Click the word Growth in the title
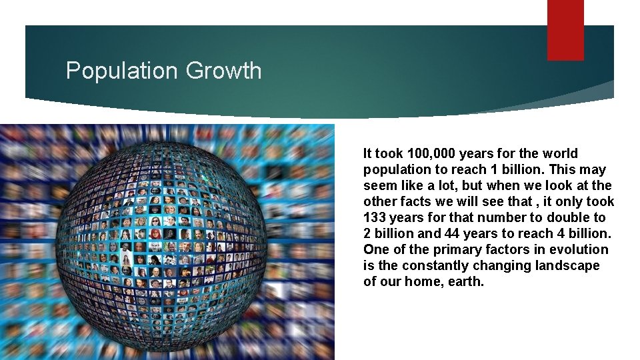[224, 70]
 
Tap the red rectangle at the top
[565, 29]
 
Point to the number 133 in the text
[375, 217]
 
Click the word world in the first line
[560, 153]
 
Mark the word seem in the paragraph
[378, 185]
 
